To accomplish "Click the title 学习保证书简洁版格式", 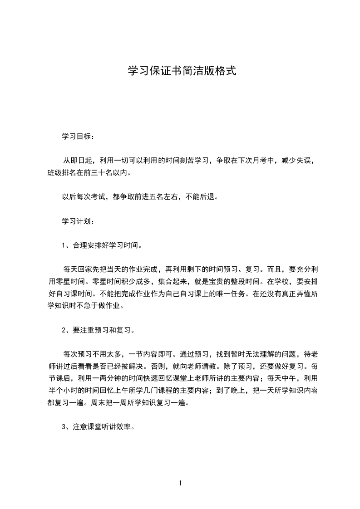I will [x=182, y=72].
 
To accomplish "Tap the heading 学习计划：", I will [x=79, y=222].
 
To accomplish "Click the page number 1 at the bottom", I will [x=180, y=483].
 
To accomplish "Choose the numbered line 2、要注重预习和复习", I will [x=98, y=330].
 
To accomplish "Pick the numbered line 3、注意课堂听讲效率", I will [x=98, y=427].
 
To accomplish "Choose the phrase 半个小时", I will [x=63, y=390].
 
